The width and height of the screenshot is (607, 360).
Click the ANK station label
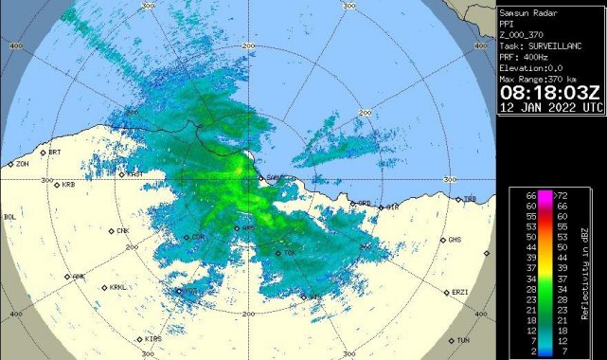(79, 277)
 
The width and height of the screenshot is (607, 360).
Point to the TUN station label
(463, 340)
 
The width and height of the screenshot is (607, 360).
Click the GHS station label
(455, 239)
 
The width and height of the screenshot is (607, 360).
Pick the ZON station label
(22, 164)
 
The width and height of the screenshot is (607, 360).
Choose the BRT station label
(54, 152)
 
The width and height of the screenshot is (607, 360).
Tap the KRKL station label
(117, 287)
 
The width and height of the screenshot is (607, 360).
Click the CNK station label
(122, 230)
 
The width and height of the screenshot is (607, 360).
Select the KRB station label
(67, 185)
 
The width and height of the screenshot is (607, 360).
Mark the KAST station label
(134, 173)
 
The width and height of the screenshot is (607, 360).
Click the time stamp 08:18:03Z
(550, 93)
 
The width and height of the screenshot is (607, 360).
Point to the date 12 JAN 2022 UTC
(550, 108)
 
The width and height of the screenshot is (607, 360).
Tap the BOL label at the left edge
(10, 217)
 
